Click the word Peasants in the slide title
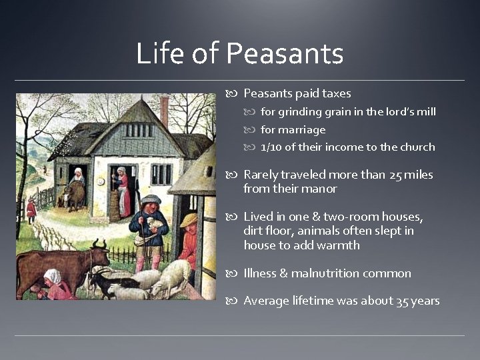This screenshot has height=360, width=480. pyautogui.click(x=285, y=53)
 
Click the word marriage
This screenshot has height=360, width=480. pyautogui.click(x=302, y=129)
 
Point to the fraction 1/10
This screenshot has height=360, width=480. pyautogui.click(x=271, y=147)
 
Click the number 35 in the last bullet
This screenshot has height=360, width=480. pyautogui.click(x=402, y=301)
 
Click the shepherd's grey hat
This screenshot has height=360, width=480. pyautogui.click(x=151, y=199)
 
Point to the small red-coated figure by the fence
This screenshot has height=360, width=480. pyautogui.click(x=31, y=209)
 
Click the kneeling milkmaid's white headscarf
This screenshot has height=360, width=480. pyautogui.click(x=52, y=275)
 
